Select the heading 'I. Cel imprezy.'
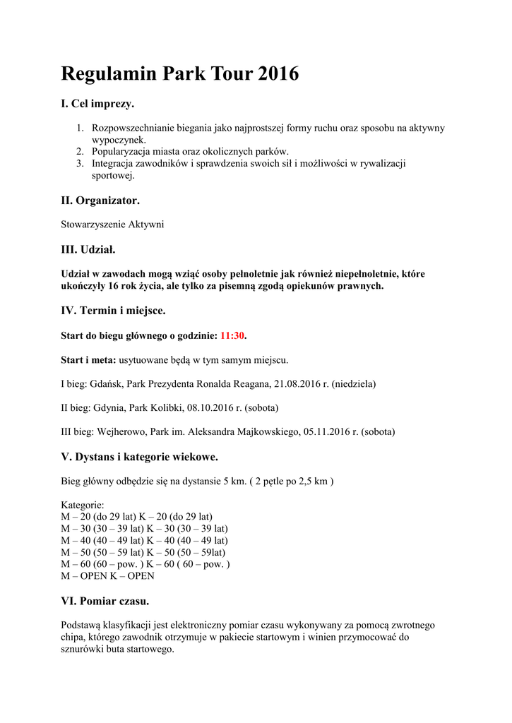click(x=97, y=104)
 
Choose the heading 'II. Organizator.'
click(x=100, y=201)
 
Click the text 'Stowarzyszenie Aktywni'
click(x=112, y=225)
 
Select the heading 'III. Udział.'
click(x=88, y=249)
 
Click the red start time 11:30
click(x=232, y=335)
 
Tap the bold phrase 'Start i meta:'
click(x=88, y=359)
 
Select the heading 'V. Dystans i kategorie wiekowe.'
click(x=140, y=457)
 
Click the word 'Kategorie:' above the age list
click(x=83, y=506)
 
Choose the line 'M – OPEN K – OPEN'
click(x=107, y=575)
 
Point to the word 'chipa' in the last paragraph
click(x=73, y=637)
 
